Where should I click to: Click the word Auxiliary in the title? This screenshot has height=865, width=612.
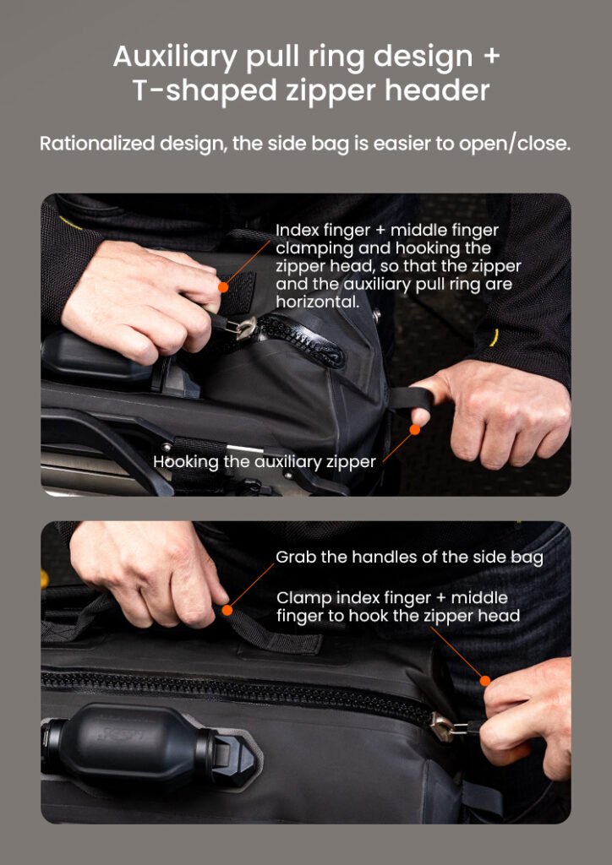175,57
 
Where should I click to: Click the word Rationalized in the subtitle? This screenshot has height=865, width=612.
96,144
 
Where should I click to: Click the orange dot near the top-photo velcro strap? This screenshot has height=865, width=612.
223,287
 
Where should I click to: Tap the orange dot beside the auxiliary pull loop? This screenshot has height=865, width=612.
415,429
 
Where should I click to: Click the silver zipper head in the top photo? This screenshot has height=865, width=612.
243,329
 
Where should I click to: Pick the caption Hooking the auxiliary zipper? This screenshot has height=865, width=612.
265,462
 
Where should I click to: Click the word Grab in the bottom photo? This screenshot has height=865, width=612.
296,558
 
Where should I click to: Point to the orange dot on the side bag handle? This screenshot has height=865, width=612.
227,610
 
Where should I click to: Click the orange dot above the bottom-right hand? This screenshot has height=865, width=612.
485,681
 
